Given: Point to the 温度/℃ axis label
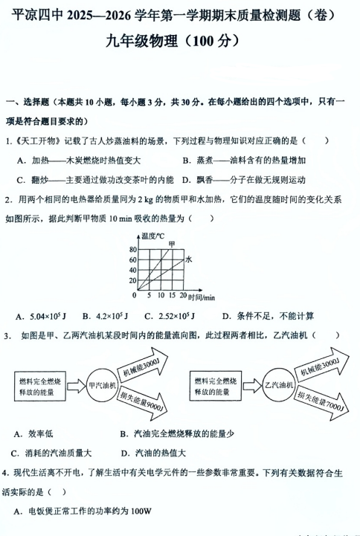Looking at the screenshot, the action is (x=150, y=236).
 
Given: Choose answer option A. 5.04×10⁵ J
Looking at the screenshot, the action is (x=48, y=314).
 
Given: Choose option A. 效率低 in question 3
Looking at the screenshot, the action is (x=33, y=433).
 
